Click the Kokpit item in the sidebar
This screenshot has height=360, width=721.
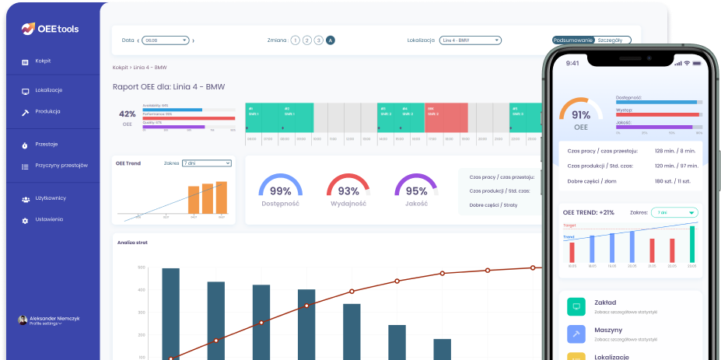tap(42, 61)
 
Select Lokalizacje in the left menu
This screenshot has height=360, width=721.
tap(48, 90)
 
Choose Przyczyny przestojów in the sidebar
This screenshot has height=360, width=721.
tap(61, 166)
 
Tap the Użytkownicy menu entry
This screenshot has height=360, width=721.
tap(50, 198)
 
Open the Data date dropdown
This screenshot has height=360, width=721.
tap(166, 40)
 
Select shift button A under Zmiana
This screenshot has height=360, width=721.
tap(331, 40)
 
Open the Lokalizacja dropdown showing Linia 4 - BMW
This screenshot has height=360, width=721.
tap(470, 40)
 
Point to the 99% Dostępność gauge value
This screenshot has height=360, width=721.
tap(280, 190)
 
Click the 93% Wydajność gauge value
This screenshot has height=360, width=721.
tap(348, 190)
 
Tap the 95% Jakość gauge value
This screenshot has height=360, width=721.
tap(416, 190)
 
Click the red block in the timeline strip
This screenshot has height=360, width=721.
tap(446, 117)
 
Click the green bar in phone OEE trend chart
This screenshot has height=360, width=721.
tap(691, 243)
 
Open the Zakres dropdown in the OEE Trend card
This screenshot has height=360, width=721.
tap(206, 163)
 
